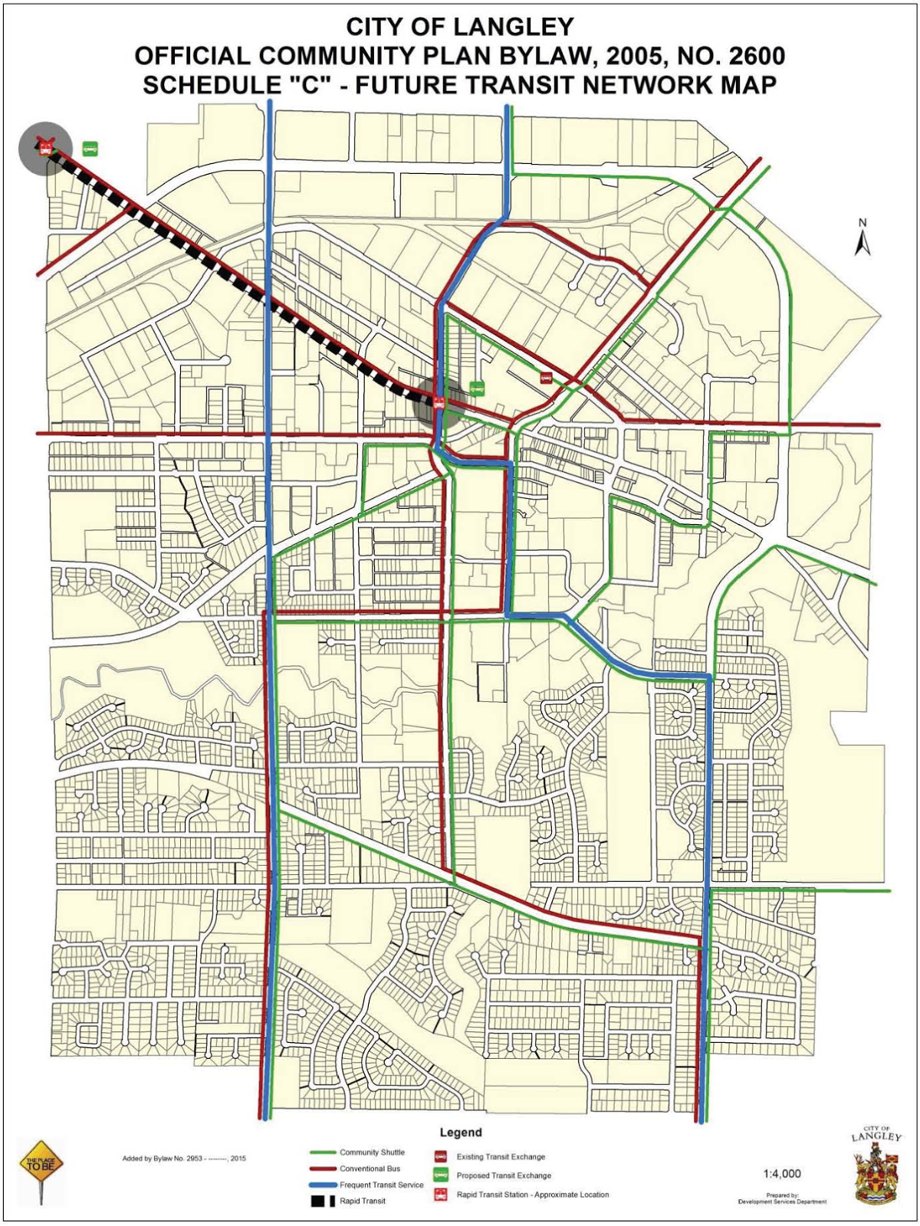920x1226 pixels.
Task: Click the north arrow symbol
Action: [863, 239]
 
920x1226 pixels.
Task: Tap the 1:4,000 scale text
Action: [782, 1173]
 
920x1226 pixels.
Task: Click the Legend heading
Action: [461, 1133]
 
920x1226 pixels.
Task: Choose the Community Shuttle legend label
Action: [372, 1152]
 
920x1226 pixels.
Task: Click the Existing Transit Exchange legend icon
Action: [441, 1156]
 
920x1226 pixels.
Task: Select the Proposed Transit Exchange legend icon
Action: [441, 1175]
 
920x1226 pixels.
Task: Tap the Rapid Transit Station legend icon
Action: [441, 1194]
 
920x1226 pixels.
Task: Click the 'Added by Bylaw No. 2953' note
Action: [184, 1158]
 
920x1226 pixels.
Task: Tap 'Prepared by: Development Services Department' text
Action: [782, 1198]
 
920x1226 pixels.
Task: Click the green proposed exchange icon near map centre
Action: [478, 387]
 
